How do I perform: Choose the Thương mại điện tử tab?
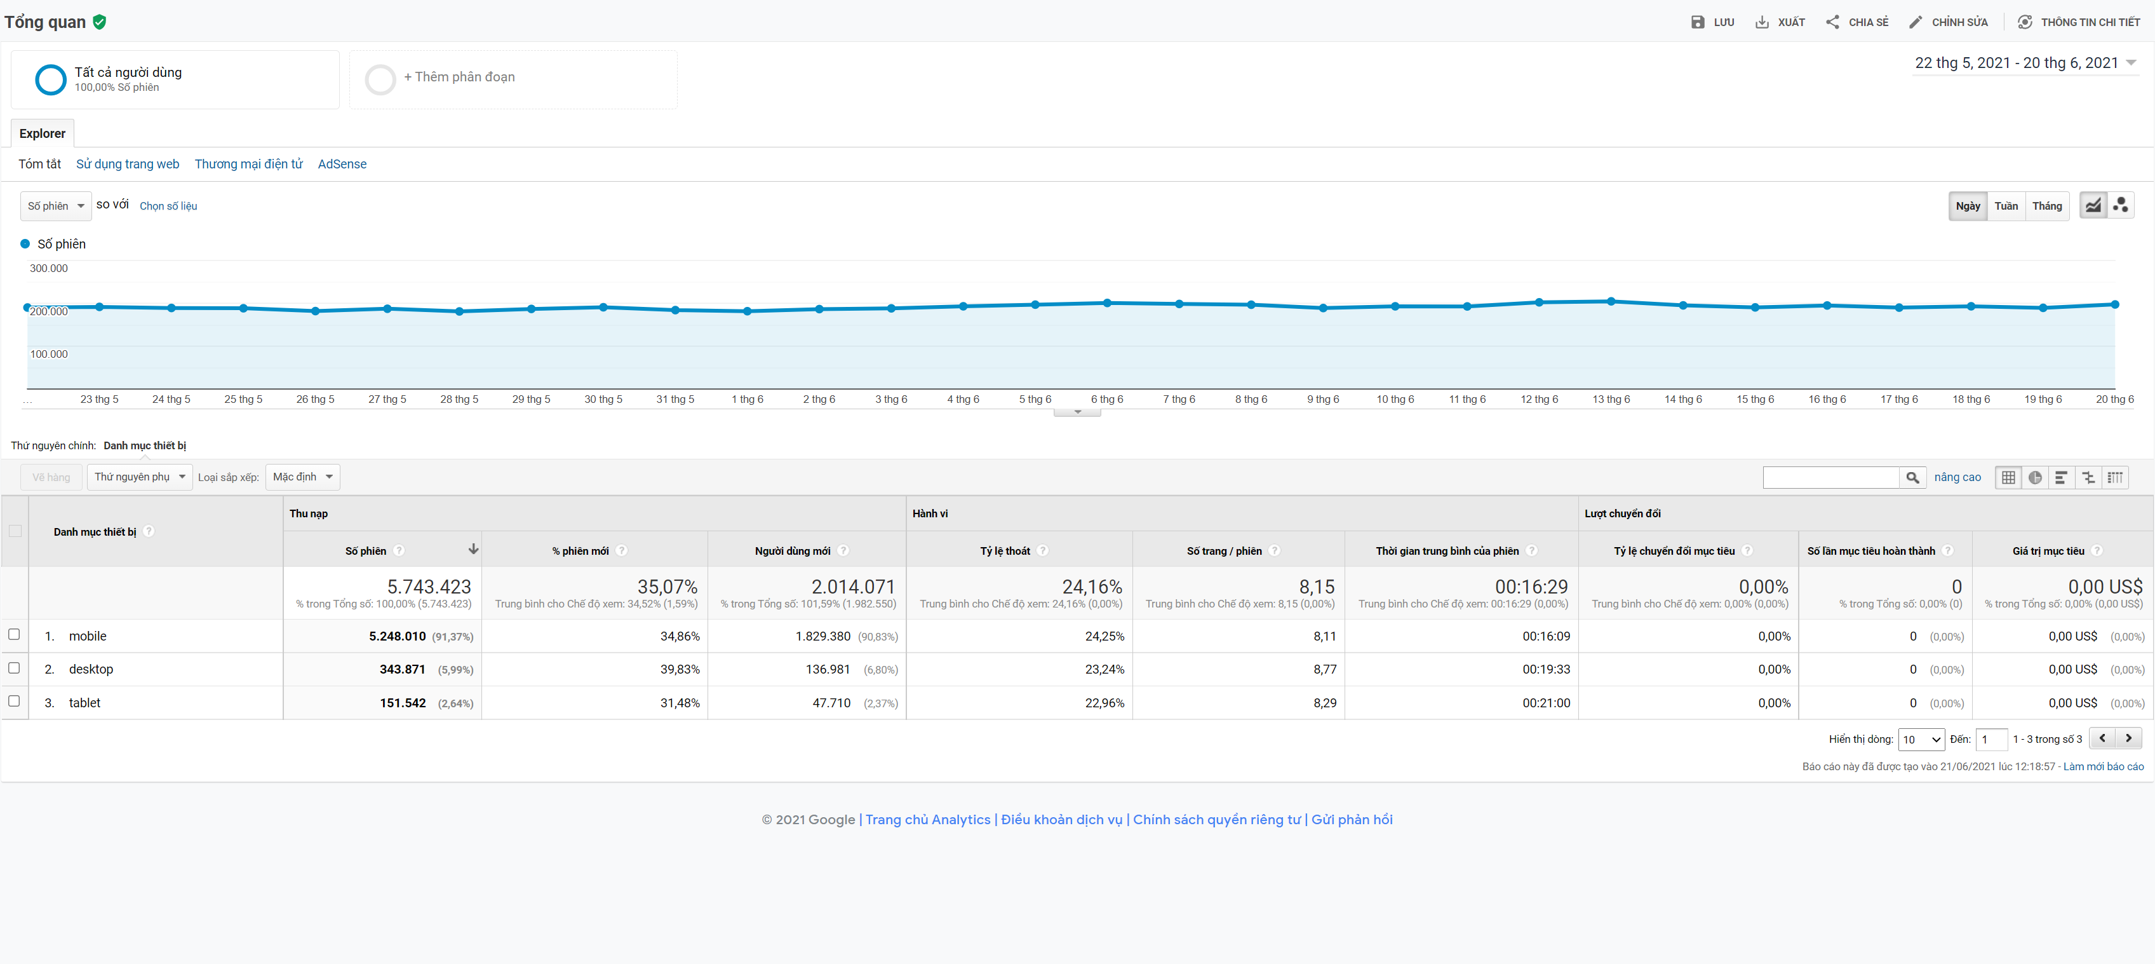coord(248,164)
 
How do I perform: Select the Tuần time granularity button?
coord(2005,206)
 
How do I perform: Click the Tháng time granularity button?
coord(2046,206)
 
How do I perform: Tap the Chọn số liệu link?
coord(168,207)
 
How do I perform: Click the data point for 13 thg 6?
coord(1611,301)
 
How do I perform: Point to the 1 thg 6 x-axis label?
coord(747,399)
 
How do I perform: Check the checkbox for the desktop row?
coord(14,668)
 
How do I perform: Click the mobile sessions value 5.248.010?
coord(398,636)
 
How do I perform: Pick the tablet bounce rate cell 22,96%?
coord(1104,703)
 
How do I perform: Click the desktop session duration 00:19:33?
coord(1545,669)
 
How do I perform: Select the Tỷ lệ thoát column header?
coord(1005,550)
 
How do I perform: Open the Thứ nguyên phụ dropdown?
coord(140,477)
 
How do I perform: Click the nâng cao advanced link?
coord(1957,477)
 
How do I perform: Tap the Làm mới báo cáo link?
coord(2102,766)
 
